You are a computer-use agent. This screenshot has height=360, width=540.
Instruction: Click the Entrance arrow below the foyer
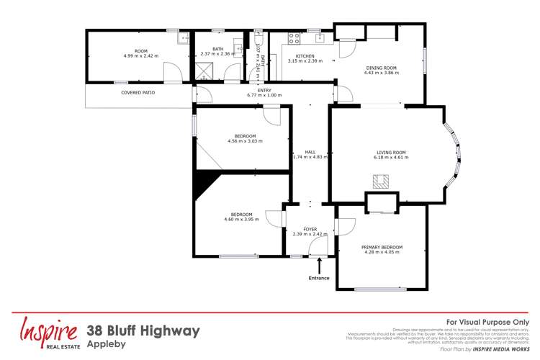[319, 266]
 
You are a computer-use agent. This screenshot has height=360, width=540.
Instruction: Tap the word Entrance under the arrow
[319, 277]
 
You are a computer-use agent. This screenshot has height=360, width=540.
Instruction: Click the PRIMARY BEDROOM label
[383, 247]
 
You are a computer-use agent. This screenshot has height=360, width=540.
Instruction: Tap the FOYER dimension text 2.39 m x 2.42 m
[310, 234]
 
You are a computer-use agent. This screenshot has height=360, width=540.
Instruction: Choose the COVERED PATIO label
[138, 93]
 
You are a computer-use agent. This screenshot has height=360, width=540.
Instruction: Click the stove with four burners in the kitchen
[293, 38]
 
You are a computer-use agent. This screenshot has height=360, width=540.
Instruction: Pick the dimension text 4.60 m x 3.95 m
[241, 219]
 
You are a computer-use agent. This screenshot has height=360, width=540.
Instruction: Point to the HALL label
[310, 152]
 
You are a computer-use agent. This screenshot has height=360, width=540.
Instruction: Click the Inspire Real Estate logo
[49, 333]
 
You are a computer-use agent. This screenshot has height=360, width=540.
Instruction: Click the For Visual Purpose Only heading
[487, 322]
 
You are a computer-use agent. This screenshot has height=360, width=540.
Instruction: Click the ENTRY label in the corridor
[264, 89]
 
